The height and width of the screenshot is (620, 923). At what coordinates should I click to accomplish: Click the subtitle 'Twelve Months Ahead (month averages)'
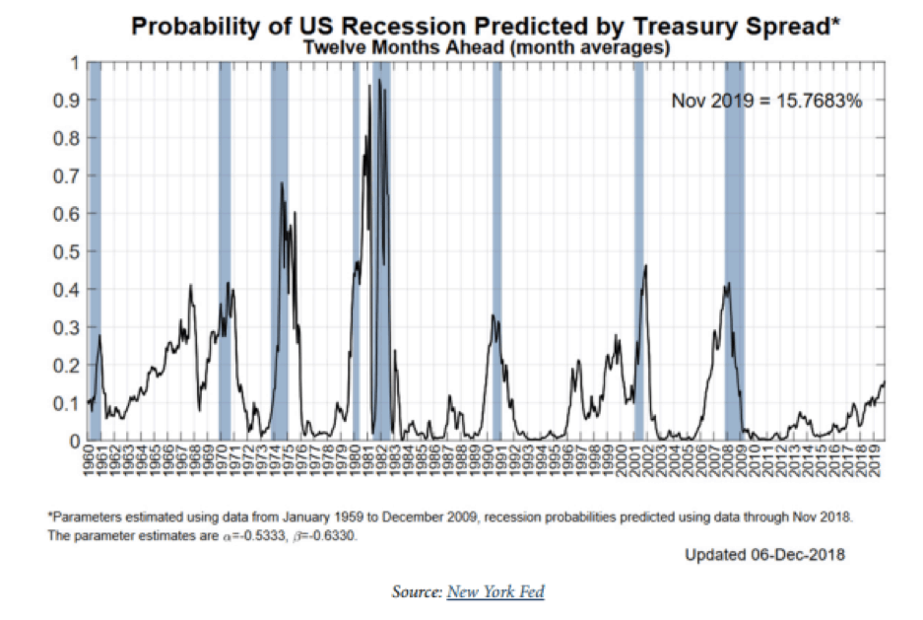(486, 46)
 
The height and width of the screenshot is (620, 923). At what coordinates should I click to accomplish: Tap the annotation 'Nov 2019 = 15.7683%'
(766, 101)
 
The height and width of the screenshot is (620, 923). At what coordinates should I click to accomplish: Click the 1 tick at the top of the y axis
(74, 63)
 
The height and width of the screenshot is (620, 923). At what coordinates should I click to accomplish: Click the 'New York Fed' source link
(495, 591)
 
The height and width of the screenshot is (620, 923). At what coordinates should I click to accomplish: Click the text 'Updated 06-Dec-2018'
(764, 555)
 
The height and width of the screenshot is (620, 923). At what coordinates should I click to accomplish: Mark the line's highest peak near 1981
(369, 86)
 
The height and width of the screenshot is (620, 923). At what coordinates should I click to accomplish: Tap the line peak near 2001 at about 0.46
(645, 265)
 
